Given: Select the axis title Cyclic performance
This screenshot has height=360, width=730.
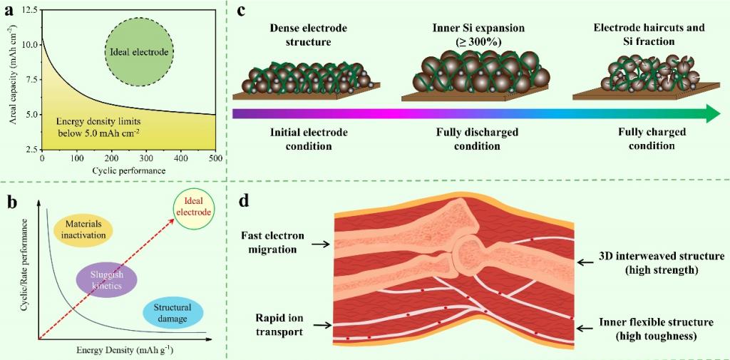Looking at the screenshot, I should point(128,171).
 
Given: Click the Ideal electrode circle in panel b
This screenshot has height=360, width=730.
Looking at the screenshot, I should point(193,207).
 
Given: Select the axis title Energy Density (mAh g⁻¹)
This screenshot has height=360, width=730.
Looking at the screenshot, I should point(124,351).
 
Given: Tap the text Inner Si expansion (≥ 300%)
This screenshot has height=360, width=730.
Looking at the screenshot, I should point(468,34).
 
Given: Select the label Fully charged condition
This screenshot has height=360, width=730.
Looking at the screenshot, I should point(652,139).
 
